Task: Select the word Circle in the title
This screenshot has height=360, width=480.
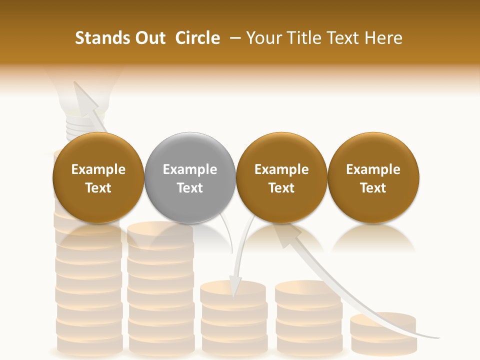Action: (x=197, y=38)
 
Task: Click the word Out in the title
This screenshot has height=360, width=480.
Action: (x=149, y=38)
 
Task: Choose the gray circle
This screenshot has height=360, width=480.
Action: (x=190, y=177)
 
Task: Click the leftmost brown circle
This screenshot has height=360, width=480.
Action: (x=98, y=177)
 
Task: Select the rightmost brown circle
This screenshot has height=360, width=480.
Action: (x=373, y=177)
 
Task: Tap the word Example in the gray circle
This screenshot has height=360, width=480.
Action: (x=190, y=169)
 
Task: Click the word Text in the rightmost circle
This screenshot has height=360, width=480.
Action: (x=373, y=188)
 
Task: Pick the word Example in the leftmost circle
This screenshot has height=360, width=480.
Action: (x=98, y=169)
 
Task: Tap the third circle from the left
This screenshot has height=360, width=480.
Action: (x=281, y=177)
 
